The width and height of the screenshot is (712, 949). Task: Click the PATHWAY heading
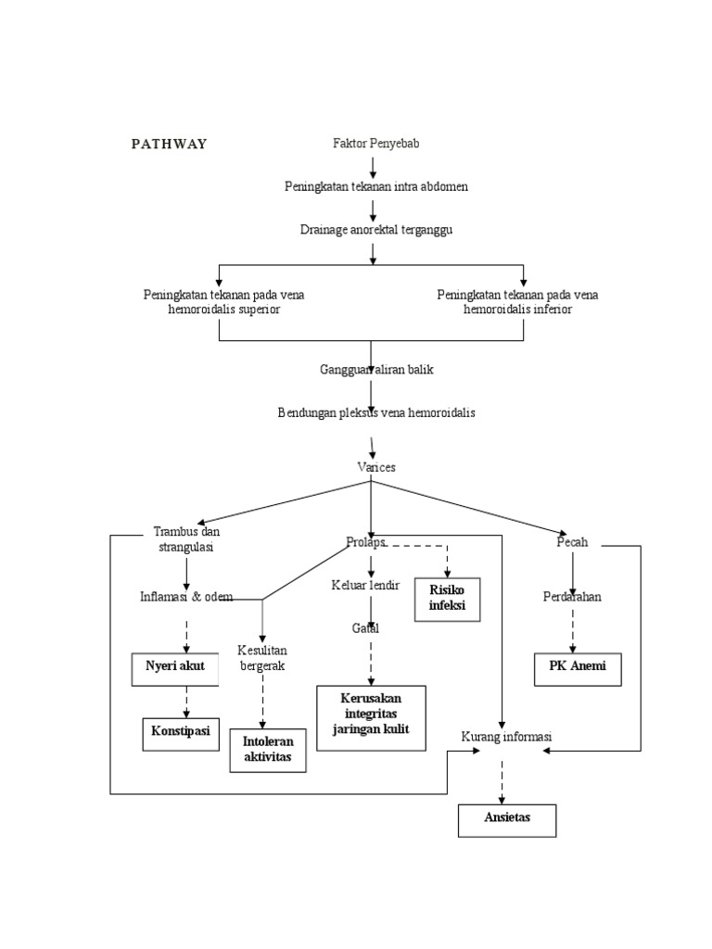tap(168, 144)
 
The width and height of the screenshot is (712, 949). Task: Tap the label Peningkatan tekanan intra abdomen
tap(375, 186)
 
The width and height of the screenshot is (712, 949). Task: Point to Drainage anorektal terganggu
tap(375, 229)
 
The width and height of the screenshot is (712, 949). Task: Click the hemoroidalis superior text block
tap(223, 302)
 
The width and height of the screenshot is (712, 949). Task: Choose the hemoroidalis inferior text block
tap(517, 302)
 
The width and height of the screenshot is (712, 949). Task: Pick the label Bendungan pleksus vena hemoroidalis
tap(376, 412)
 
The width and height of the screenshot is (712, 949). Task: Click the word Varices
tap(376, 467)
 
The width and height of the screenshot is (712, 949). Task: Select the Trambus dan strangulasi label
tap(186, 539)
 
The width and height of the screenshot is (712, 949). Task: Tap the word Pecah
tap(572, 542)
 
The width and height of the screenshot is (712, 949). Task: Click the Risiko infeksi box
tap(447, 600)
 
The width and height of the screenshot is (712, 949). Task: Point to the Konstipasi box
tap(181, 733)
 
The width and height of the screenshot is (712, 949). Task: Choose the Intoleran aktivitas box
tap(267, 750)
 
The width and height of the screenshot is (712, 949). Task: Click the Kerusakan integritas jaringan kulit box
tap(371, 716)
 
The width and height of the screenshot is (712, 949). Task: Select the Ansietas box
tap(507, 819)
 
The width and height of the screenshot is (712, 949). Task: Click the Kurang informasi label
tap(506, 737)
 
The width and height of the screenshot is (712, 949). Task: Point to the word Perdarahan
tap(572, 596)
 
